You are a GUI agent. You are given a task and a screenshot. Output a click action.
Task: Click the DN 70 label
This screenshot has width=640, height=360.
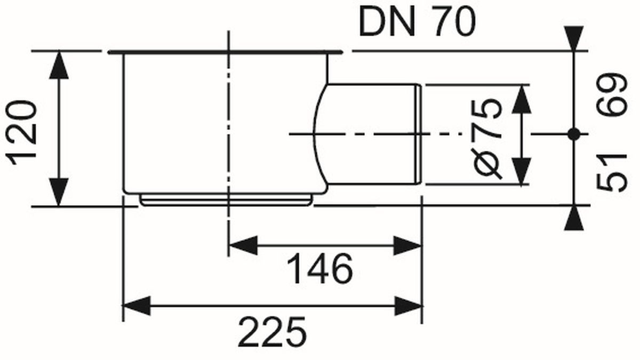[417, 22]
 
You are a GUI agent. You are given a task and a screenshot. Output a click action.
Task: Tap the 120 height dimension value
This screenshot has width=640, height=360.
[21, 133]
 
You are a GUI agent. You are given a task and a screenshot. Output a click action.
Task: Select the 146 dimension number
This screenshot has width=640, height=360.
[319, 269]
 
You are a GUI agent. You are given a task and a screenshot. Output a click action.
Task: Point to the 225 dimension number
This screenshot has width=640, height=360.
[272, 332]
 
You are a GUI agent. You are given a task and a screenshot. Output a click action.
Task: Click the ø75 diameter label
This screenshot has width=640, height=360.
[487, 139]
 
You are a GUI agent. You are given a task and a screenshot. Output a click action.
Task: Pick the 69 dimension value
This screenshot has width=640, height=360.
[612, 95]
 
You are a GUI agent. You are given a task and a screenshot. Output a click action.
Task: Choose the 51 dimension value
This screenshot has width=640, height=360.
[612, 173]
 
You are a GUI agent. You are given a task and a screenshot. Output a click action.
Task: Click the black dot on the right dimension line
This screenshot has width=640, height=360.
[574, 134]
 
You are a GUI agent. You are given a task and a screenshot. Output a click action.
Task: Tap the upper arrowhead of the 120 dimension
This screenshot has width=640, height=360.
[59, 65]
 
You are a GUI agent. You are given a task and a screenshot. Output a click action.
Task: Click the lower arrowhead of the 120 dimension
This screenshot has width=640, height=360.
[59, 191]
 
